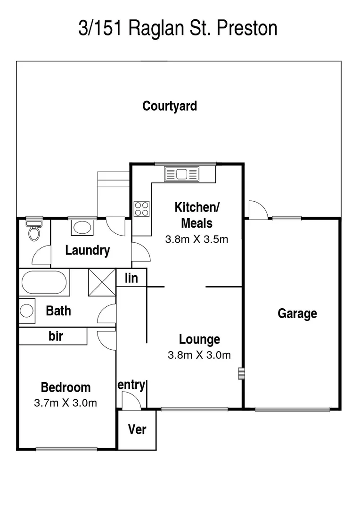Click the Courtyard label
[170, 106]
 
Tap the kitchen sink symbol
[181, 174]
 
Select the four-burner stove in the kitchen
[142, 208]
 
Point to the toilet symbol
[34, 231]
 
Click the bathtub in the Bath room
[44, 282]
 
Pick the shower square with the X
[102, 282]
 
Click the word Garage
[297, 313]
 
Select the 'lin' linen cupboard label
[131, 278]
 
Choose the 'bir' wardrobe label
[56, 337]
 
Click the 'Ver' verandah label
[137, 430]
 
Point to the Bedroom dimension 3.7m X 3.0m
[65, 403]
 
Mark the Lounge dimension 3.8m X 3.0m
[199, 355]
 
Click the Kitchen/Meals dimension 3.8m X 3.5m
[196, 239]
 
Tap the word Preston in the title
[247, 28]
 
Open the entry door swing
[130, 400]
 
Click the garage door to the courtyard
[257, 210]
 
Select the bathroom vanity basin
[27, 311]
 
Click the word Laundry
[88, 250]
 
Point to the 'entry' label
[131, 385]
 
